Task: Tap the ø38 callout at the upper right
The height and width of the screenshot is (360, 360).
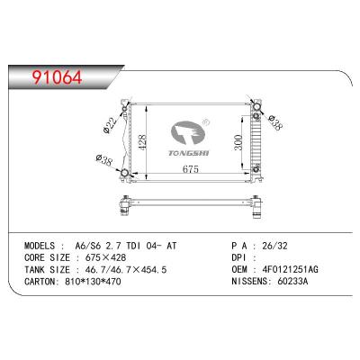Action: (x=272, y=122)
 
